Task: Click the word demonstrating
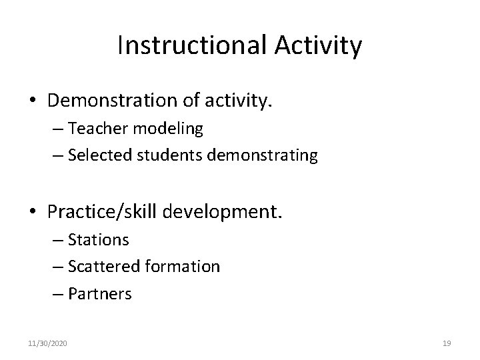click(263, 155)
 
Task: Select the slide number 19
click(447, 343)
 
